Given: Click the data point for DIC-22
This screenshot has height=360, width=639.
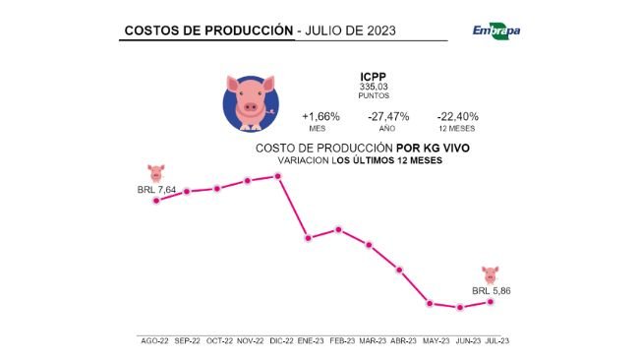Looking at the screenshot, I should (279, 176).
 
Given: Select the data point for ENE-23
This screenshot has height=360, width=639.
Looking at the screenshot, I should (309, 237).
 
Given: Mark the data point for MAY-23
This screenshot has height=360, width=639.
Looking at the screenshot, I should (430, 302).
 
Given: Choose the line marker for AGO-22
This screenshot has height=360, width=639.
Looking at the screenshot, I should (155, 200).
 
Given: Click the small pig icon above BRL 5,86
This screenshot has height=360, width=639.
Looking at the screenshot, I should (492, 272).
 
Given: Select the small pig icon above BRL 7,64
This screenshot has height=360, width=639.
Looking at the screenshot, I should (155, 172).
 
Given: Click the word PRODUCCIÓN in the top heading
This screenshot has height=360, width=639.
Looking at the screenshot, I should (241, 30).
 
